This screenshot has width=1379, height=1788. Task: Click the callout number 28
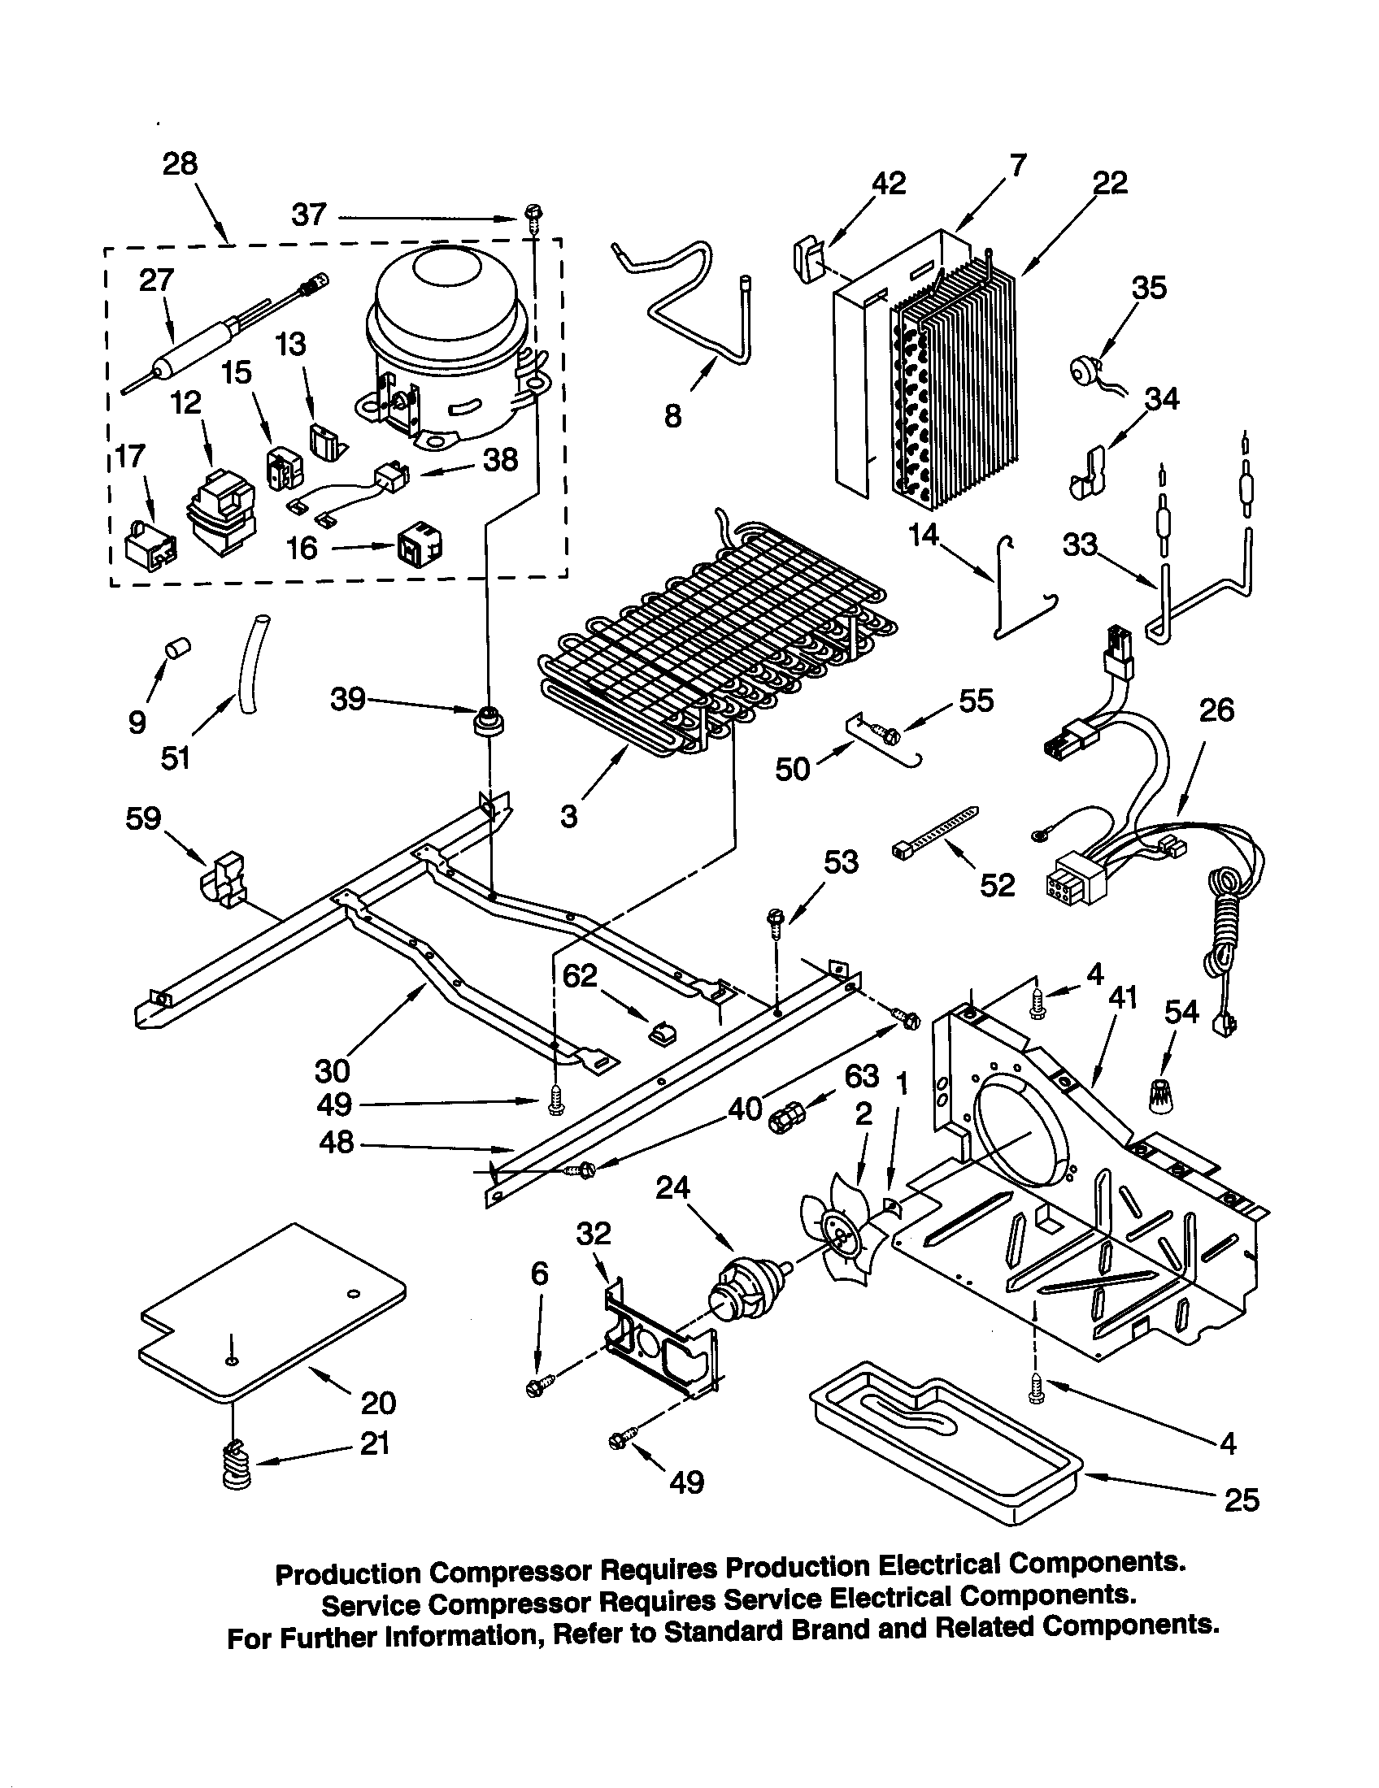(x=180, y=164)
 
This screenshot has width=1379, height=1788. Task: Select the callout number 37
(x=310, y=216)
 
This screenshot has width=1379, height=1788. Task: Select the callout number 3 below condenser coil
(x=569, y=815)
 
